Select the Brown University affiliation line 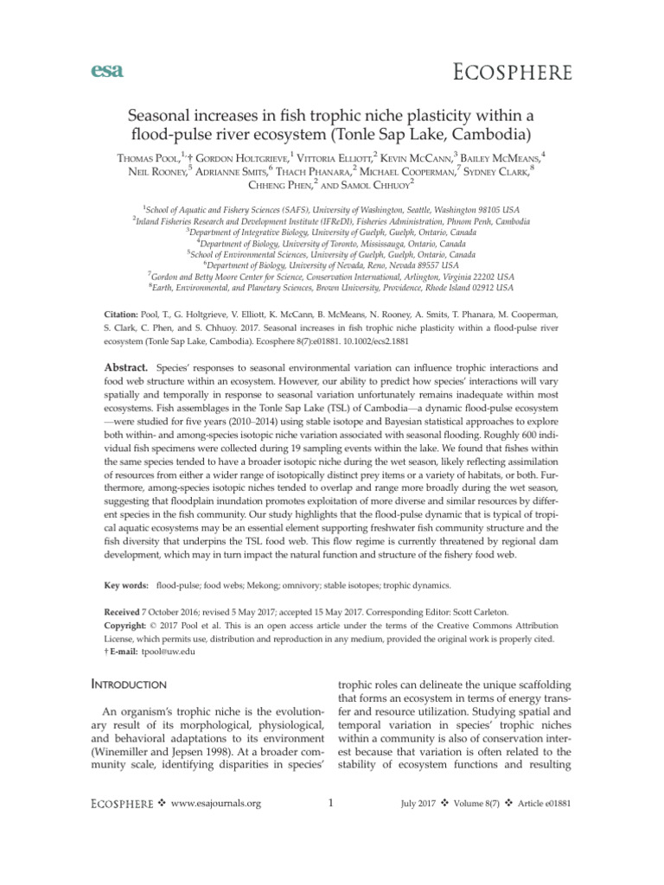click(x=333, y=287)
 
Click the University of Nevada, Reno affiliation click(x=332, y=264)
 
